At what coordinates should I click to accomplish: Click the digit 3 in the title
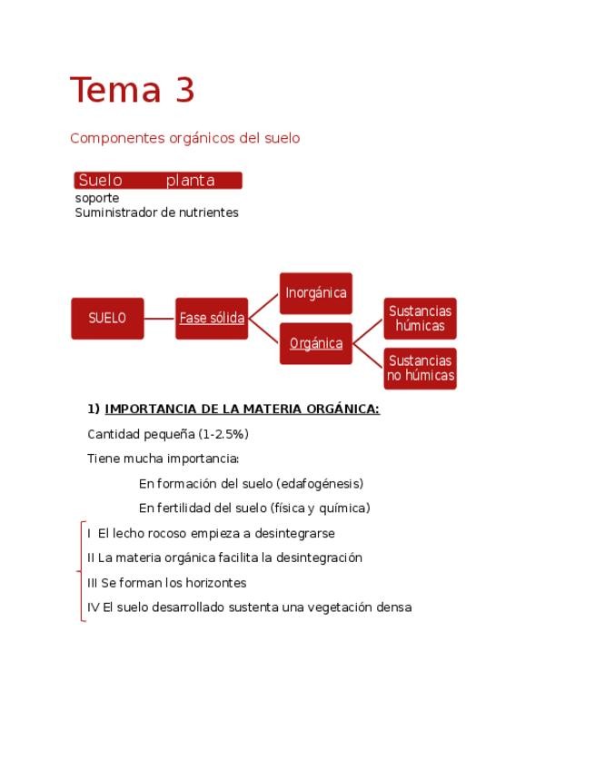coord(181,91)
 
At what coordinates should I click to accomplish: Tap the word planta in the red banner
coord(191,181)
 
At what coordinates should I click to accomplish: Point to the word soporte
coord(96,198)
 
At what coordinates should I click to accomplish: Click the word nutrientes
coord(212,212)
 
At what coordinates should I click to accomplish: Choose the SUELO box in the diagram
coord(107,318)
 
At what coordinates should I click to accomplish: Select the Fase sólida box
coord(212,318)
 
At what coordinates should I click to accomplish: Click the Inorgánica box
coord(315,293)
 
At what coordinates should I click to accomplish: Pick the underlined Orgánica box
coord(315,343)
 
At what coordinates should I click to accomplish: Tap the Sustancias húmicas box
coord(420,319)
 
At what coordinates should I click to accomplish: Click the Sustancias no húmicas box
coord(420,369)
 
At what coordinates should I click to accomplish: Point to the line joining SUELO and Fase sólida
coord(159,318)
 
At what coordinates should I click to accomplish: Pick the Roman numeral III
coord(93,583)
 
